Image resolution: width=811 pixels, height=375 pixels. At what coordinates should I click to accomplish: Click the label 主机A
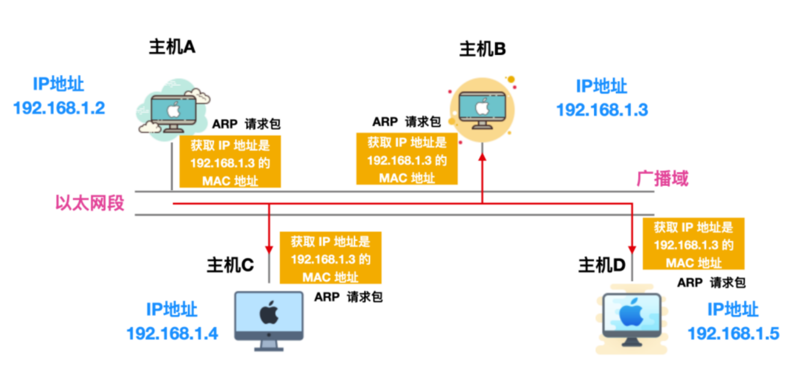click(172, 47)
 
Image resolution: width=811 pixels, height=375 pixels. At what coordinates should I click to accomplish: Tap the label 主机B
click(482, 49)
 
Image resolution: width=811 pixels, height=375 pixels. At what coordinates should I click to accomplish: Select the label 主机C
click(230, 265)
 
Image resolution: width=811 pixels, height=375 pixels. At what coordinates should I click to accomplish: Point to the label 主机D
click(601, 265)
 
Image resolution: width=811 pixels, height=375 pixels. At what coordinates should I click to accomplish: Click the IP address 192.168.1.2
click(59, 108)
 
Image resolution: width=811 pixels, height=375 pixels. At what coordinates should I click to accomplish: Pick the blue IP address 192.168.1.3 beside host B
click(602, 110)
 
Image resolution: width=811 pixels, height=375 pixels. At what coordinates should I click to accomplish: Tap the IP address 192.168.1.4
click(172, 333)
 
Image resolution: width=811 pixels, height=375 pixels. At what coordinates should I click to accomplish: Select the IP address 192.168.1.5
click(733, 333)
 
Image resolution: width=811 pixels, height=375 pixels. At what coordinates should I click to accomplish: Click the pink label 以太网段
click(90, 203)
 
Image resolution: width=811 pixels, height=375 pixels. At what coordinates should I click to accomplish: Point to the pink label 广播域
click(663, 179)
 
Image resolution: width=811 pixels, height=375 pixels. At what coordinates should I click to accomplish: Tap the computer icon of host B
click(482, 109)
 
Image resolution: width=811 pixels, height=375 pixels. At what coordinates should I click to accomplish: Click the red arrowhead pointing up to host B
click(482, 157)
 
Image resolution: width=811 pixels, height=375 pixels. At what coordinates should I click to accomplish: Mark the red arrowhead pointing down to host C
click(269, 249)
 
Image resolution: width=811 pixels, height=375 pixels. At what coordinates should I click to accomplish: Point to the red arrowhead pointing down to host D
click(632, 249)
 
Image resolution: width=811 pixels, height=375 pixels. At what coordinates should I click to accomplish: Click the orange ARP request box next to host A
click(230, 162)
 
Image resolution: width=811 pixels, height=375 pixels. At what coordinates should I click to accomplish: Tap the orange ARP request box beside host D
click(693, 244)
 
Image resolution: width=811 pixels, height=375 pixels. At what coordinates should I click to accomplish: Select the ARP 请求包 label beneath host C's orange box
click(348, 297)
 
